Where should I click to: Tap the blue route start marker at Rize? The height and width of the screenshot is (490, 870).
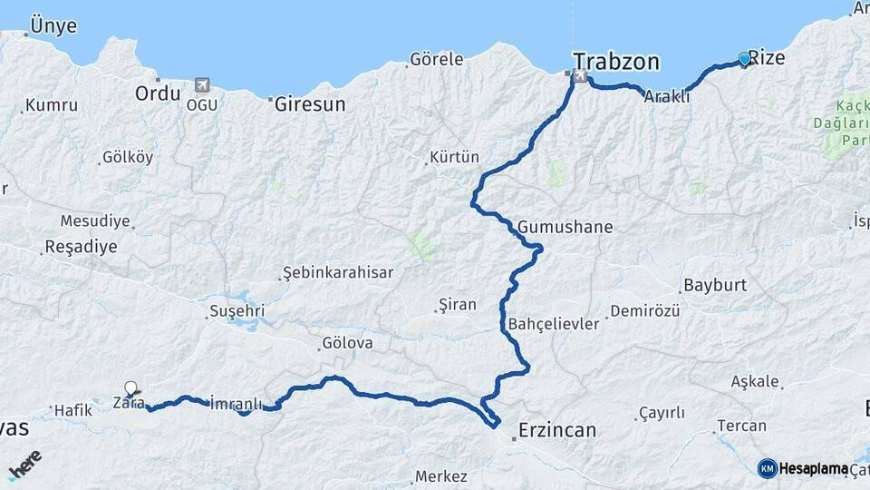[744, 60]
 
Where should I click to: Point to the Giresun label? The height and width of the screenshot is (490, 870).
[310, 104]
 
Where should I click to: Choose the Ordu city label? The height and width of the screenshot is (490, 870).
[158, 93]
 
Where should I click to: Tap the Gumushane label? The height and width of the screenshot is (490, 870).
[565, 228]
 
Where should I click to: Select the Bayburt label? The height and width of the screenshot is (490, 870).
[714, 285]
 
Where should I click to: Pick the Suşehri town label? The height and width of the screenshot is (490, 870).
[237, 311]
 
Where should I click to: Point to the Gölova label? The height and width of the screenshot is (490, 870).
[346, 344]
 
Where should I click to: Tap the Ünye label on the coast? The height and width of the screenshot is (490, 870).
[53, 25]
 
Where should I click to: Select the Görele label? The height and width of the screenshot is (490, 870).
[436, 60]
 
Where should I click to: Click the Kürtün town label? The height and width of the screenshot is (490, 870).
[454, 158]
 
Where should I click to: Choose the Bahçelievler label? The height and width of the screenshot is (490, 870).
[554, 324]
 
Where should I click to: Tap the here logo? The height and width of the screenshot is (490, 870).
[24, 465]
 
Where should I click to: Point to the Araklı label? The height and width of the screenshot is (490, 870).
[666, 96]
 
